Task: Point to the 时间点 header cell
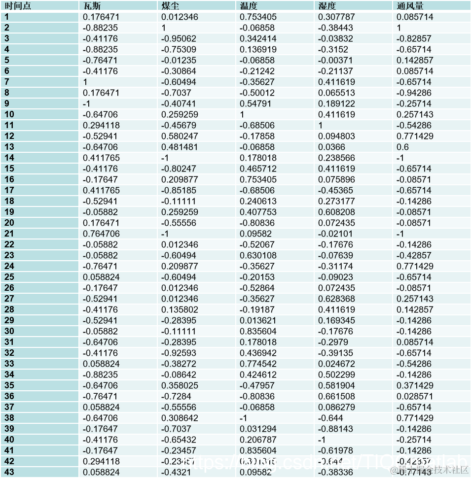click(x=18, y=6)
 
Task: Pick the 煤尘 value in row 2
click(x=164, y=28)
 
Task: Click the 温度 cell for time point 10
click(x=242, y=114)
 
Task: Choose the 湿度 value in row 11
click(x=321, y=125)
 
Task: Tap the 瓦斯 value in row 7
click(x=85, y=82)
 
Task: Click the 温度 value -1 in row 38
click(x=244, y=418)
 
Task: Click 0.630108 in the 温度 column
click(x=257, y=255)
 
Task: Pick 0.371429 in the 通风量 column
click(x=415, y=385)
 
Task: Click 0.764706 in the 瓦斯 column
click(x=101, y=234)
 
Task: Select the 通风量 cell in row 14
click(x=400, y=158)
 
